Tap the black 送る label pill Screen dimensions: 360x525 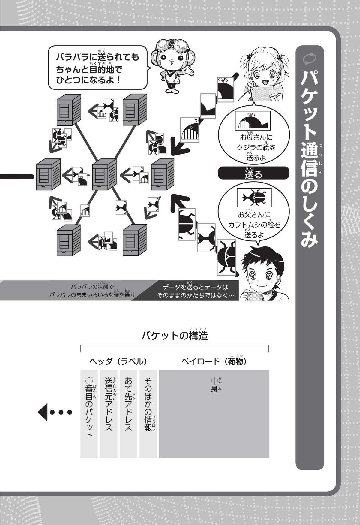pyautogui.click(x=253, y=173)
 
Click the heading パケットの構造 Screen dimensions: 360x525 pyautogui.click(x=175, y=336)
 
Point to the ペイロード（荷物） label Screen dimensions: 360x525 pyautogui.click(x=214, y=361)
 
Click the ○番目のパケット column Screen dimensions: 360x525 pyautogui.click(x=89, y=414)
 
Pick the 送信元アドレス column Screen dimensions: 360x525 pyautogui.click(x=109, y=414)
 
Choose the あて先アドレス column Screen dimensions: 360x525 pyautogui.click(x=128, y=414)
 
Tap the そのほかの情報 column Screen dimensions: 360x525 pyautogui.click(x=148, y=414)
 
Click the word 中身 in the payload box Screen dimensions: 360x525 pyautogui.click(x=214, y=385)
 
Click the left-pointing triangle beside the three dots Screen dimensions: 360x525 pyautogui.click(x=43, y=412)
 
